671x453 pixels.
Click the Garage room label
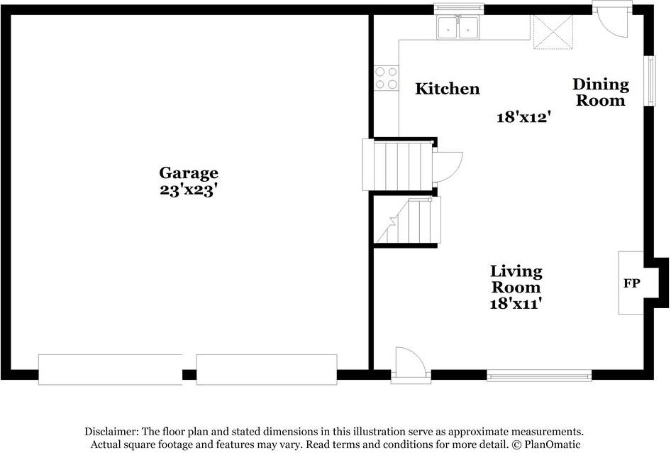coord(188,173)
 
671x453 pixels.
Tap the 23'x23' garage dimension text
coord(188,190)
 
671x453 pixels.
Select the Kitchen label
coord(447,89)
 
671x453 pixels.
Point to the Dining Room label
coord(601,92)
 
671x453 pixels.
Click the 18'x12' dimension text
coord(524,117)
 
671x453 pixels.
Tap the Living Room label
coord(516,279)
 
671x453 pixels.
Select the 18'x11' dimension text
coord(516,304)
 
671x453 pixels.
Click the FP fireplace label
coord(631,284)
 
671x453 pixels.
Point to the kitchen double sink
coord(458,28)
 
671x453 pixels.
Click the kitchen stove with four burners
coord(387,77)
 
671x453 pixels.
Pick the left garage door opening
coord(110,370)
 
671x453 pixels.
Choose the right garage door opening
coord(266,370)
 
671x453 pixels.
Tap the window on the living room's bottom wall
coord(539,375)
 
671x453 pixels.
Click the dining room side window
coord(649,80)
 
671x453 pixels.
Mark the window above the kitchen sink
coord(458,8)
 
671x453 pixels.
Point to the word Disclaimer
coord(111,432)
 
